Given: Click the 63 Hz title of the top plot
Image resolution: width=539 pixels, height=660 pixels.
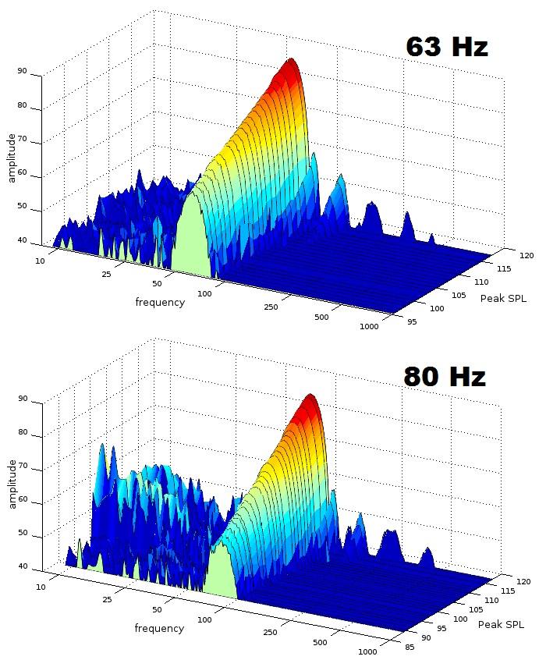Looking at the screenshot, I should click(446, 47).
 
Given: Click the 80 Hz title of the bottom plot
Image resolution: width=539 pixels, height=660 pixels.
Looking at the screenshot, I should click(445, 377).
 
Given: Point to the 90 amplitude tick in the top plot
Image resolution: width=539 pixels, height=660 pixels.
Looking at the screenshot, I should click(22, 72).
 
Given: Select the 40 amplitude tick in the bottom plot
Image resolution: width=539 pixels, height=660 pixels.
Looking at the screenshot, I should click(22, 566).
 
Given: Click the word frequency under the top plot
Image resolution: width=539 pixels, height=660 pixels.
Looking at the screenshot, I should click(160, 303).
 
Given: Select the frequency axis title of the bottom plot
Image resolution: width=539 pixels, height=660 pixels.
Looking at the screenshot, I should click(159, 628).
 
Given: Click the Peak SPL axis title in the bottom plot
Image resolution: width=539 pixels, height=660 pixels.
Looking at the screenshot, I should click(501, 625).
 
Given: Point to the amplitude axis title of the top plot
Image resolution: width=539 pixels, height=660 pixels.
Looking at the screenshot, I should click(12, 158).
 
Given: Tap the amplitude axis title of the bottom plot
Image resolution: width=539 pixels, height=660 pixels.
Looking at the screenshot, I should click(12, 484).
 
